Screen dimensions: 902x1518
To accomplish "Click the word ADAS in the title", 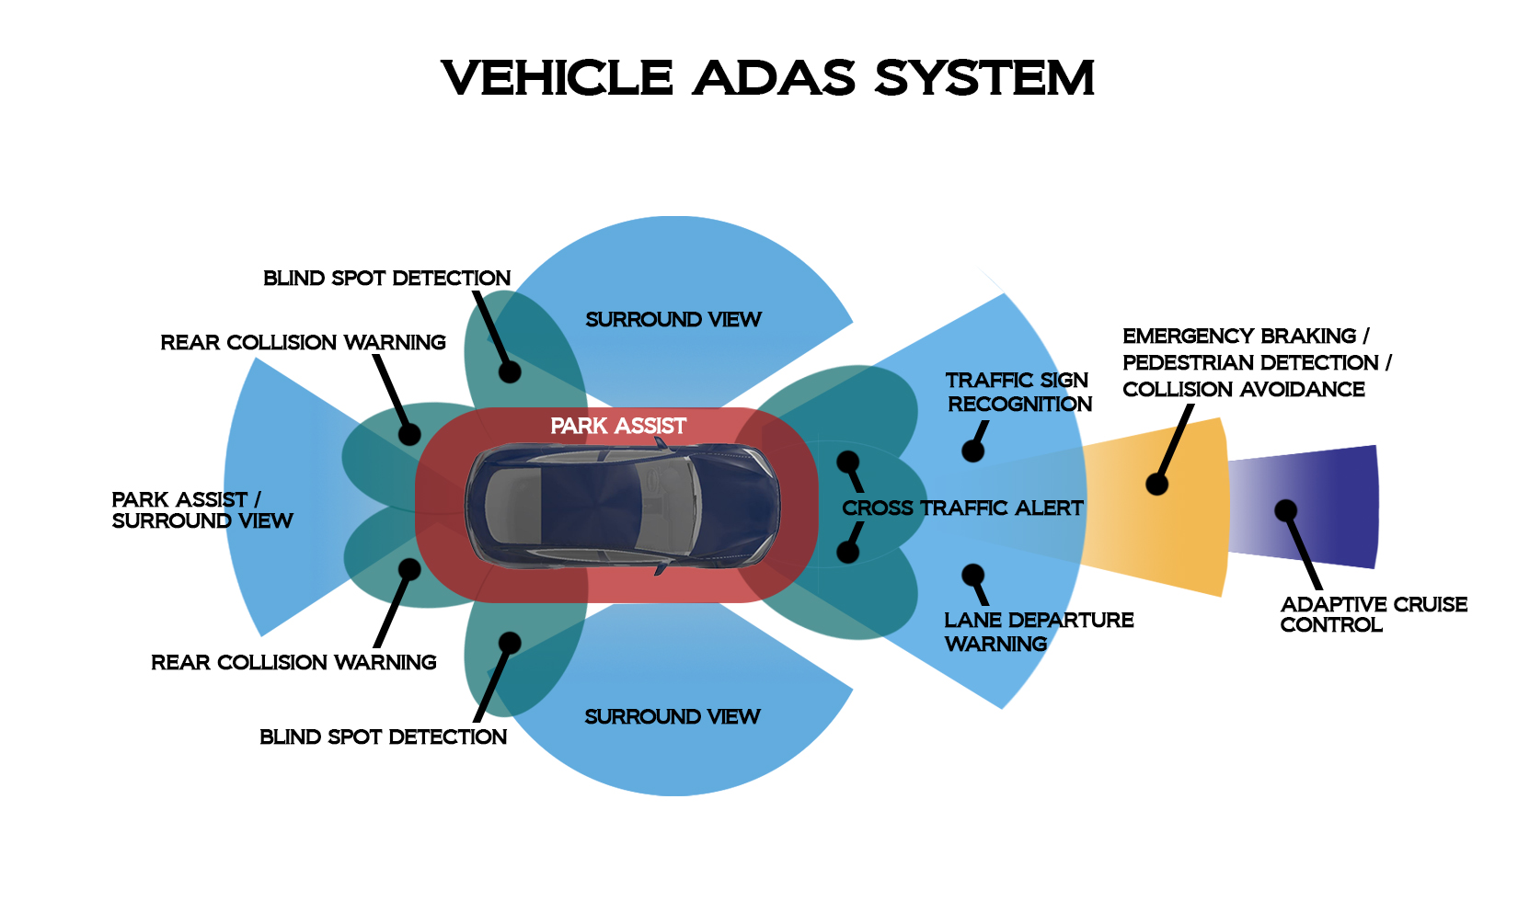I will [x=775, y=78].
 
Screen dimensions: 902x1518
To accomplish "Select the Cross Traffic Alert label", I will [x=962, y=508].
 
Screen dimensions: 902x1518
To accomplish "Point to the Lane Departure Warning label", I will [x=1038, y=632].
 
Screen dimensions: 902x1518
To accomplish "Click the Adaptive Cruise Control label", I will [x=1373, y=614].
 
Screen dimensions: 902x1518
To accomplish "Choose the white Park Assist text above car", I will [x=618, y=427].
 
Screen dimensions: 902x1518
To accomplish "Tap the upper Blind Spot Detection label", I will [x=386, y=279].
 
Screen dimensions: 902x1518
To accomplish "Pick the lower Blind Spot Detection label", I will [x=383, y=737].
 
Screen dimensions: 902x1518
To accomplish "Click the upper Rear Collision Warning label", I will [x=303, y=343].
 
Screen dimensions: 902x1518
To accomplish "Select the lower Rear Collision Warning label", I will [x=293, y=663].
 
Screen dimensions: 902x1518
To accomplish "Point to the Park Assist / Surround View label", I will [x=201, y=510].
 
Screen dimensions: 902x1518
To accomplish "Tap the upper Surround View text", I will [x=673, y=320].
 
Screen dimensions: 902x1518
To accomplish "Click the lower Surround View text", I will [x=673, y=717].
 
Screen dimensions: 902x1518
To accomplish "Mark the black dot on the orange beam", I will [x=1157, y=484].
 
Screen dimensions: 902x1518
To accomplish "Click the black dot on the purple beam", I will [x=1285, y=510].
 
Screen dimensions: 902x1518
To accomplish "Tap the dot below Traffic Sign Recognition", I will [x=972, y=451].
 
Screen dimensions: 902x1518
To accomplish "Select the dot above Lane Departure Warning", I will [x=972, y=576].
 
